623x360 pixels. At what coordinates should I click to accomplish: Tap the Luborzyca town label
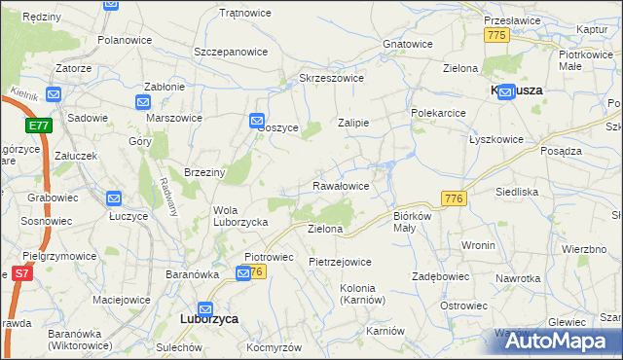(x=211, y=318)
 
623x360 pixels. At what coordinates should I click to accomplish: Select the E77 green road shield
(x=38, y=126)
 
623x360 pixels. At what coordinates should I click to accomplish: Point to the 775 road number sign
(x=496, y=35)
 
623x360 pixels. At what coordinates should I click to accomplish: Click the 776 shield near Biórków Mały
(x=453, y=198)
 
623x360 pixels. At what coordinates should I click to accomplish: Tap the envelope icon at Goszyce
(x=256, y=122)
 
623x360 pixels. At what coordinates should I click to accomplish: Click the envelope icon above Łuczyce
(x=114, y=198)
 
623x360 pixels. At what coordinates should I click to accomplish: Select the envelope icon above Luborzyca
(x=206, y=304)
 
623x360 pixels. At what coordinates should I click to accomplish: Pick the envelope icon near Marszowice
(x=144, y=102)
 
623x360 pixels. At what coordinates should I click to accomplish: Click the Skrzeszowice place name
(x=331, y=78)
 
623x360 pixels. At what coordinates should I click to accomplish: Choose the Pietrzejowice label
(x=340, y=262)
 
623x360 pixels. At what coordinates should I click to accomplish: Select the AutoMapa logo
(x=558, y=341)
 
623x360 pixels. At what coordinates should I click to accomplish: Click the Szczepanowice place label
(x=231, y=51)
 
